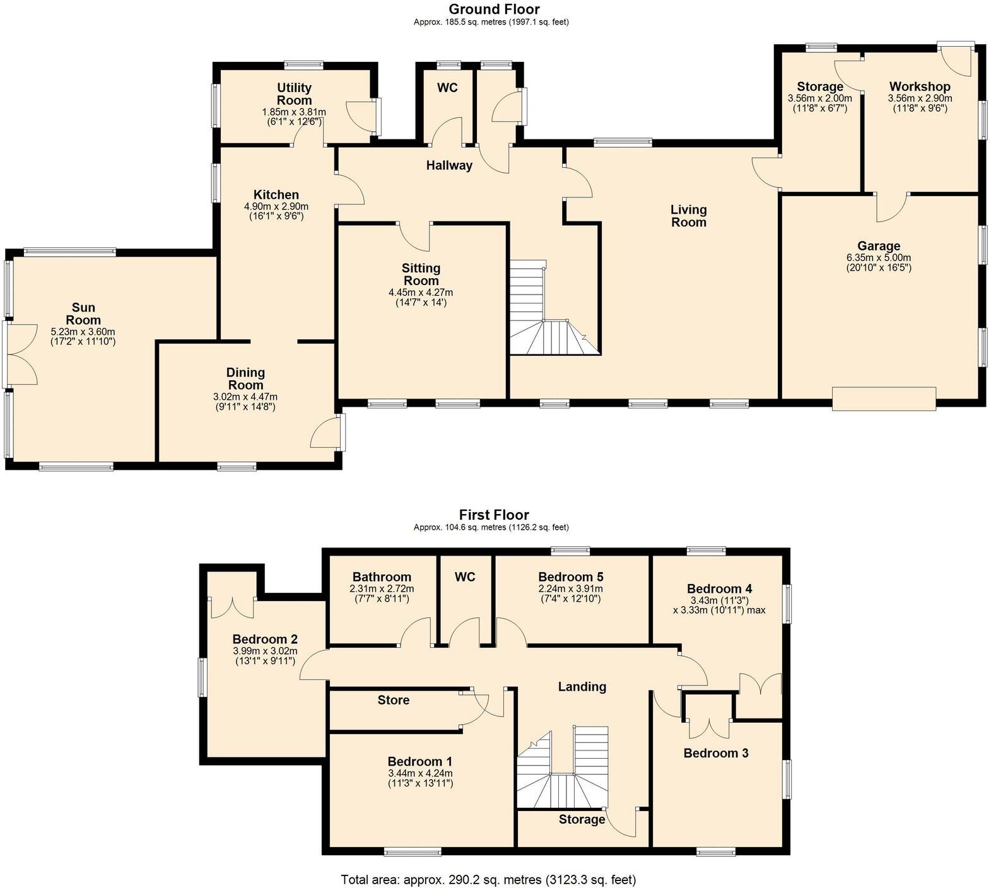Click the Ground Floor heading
point(494,9)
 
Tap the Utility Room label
point(294,94)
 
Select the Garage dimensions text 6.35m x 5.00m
point(878,258)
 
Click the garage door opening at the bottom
point(883,399)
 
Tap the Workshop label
point(919,87)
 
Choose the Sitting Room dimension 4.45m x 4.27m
point(421,293)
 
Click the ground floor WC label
point(447,88)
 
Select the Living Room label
point(688,216)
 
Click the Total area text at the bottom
point(488,879)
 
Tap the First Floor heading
point(494,515)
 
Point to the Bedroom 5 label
point(570,577)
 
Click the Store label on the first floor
point(393,700)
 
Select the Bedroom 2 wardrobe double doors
point(232,607)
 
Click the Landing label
point(582,687)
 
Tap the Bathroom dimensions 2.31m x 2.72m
point(382,589)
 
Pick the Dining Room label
point(245,378)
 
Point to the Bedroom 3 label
point(715,753)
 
